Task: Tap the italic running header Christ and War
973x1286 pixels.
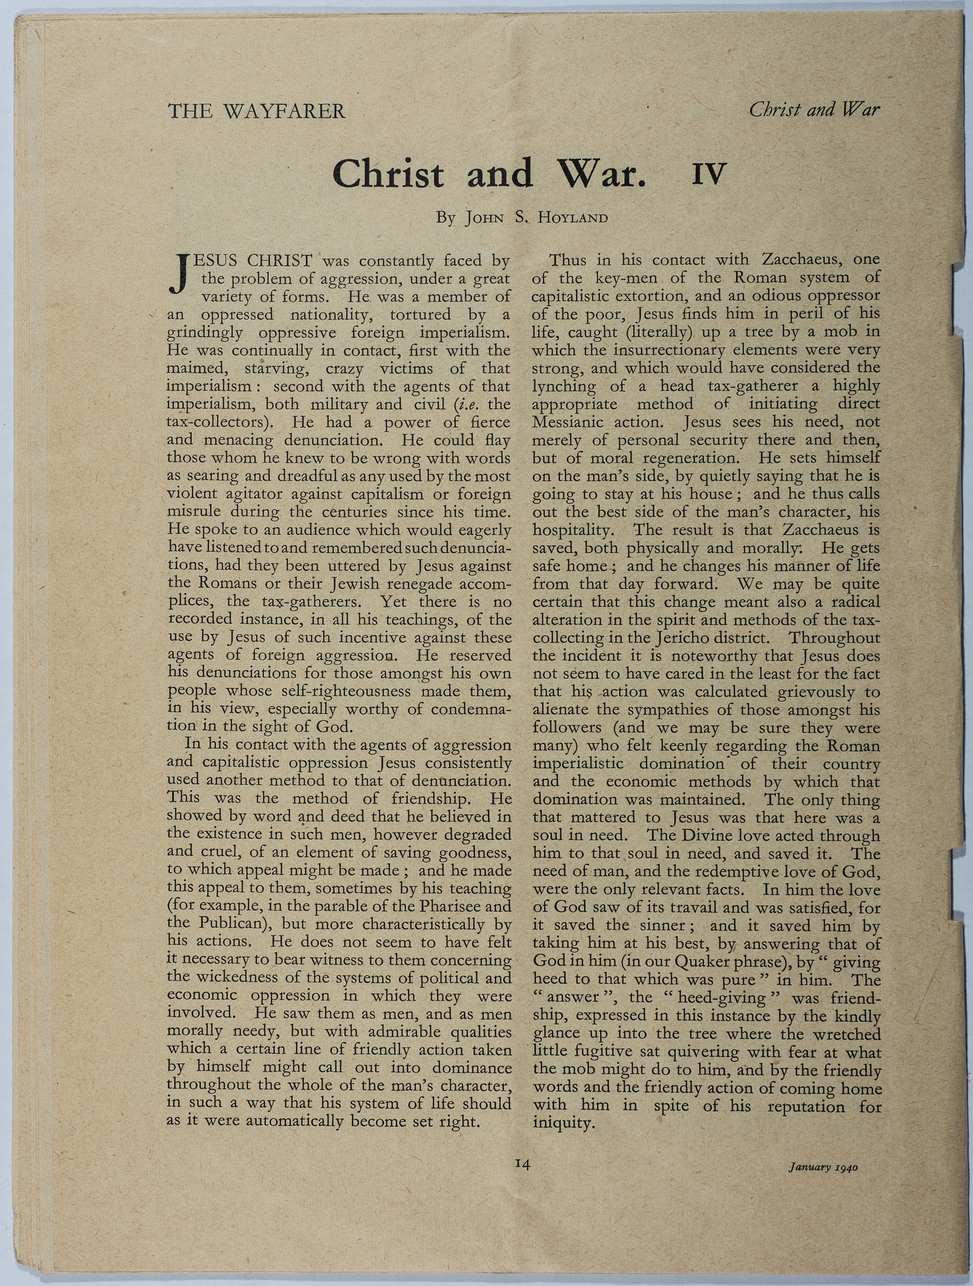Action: (814, 109)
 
